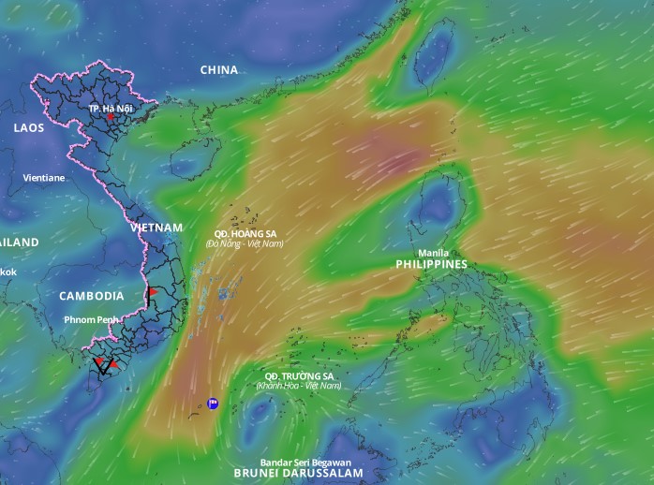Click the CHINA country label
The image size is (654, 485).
pos(219,70)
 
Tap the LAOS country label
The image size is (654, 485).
pos(29,128)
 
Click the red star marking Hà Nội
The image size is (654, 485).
pos(111,118)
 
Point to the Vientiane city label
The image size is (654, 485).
pos(44,177)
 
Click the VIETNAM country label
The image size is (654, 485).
pos(156,228)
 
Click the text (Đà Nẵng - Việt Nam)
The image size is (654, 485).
pos(244,243)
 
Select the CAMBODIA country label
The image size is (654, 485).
pos(92,296)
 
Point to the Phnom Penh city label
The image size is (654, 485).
pos(92,319)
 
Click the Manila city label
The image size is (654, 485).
pos(433,253)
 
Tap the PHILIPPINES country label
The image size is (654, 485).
pos(431,265)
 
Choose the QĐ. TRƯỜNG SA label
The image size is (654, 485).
pos(299,375)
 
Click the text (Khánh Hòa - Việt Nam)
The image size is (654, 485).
pos(299,386)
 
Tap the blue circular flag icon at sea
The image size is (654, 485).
pos(213,404)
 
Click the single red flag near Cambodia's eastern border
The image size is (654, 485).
pos(153,293)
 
